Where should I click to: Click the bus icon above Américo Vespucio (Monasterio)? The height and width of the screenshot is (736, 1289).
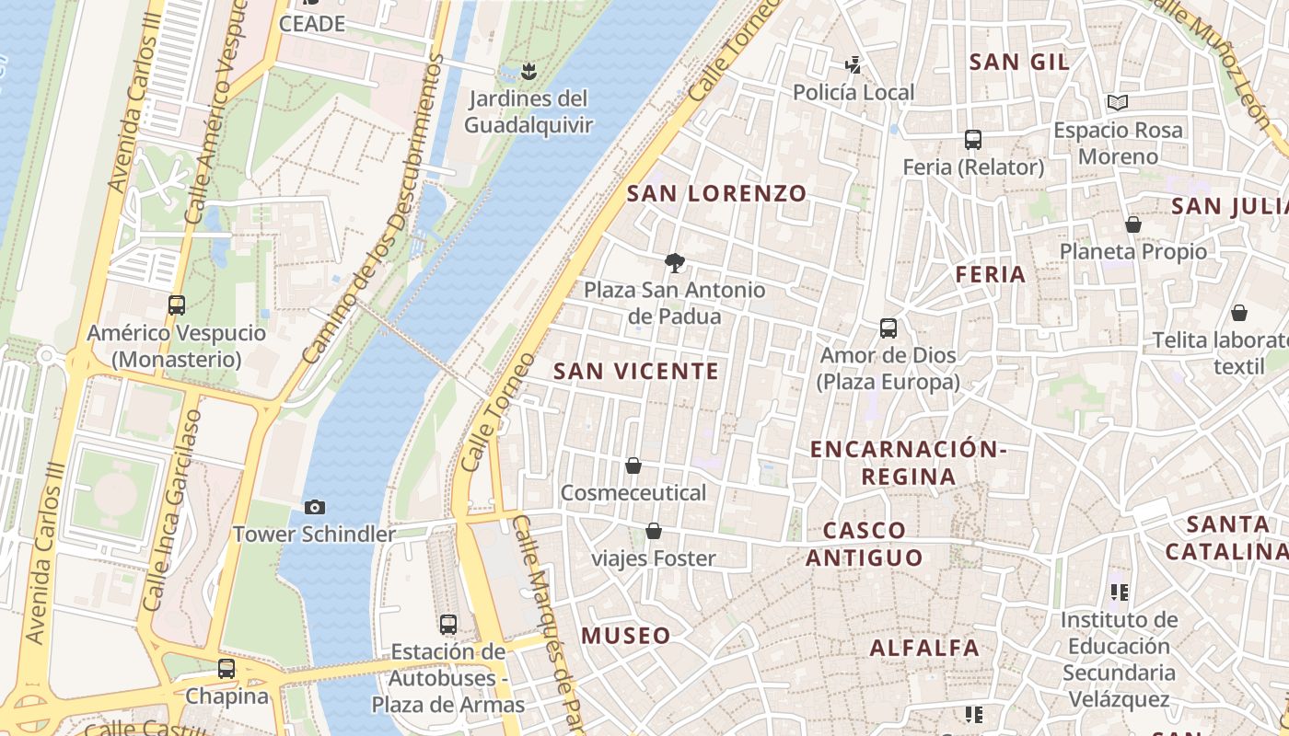[x=176, y=305]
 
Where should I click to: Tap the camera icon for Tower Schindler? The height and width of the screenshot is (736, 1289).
[x=315, y=507]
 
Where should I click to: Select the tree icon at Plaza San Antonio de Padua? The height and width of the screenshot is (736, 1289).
[x=675, y=263]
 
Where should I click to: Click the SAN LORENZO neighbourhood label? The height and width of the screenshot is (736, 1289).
[x=716, y=193]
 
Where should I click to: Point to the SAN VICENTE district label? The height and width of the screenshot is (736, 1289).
[x=635, y=371]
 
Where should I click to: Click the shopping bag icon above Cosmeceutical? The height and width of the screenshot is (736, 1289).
[x=633, y=466]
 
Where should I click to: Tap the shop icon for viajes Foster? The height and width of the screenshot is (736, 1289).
[x=654, y=531]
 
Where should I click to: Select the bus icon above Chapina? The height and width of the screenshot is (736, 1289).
[x=226, y=669]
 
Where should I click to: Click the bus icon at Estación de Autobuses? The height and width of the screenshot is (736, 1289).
[x=448, y=625]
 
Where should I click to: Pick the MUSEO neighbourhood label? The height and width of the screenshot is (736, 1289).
[x=626, y=636]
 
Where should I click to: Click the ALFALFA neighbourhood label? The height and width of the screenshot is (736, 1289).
[x=924, y=648]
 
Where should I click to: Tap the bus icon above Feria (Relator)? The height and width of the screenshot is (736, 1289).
[x=973, y=140]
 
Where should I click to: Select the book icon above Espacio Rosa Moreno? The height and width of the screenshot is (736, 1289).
[x=1118, y=103]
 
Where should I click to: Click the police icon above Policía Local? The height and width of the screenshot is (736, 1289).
[x=854, y=65]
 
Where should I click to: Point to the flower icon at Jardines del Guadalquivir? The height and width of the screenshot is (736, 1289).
[x=528, y=71]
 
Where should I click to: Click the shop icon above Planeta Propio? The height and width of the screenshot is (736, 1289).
[x=1133, y=224]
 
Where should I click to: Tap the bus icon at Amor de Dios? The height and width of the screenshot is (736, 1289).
[x=888, y=328]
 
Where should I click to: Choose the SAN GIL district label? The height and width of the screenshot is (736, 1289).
[x=1019, y=63]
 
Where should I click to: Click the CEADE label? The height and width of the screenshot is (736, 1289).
[x=311, y=24]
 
